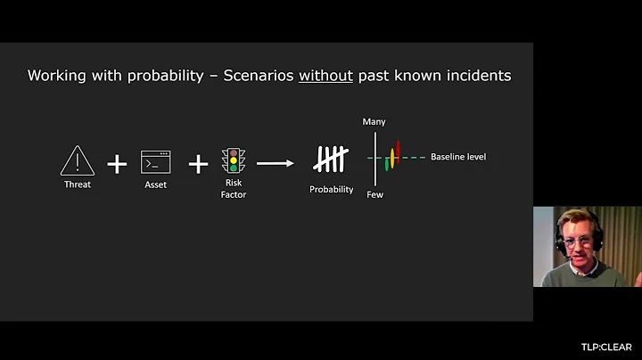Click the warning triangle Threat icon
click(x=78, y=161)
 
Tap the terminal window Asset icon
click(x=155, y=161)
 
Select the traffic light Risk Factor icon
click(x=234, y=160)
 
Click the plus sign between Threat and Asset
click(x=117, y=163)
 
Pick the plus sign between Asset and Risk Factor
click(x=198, y=163)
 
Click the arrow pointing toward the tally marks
click(x=276, y=163)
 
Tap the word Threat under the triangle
click(x=78, y=184)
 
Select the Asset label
click(x=155, y=184)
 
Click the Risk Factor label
click(x=234, y=189)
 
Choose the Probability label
click(x=331, y=189)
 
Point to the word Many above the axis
click(x=374, y=121)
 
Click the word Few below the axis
click(x=374, y=194)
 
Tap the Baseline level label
click(x=458, y=157)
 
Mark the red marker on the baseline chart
click(x=399, y=149)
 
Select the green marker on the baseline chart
click(x=387, y=164)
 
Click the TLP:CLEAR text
click(x=605, y=348)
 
